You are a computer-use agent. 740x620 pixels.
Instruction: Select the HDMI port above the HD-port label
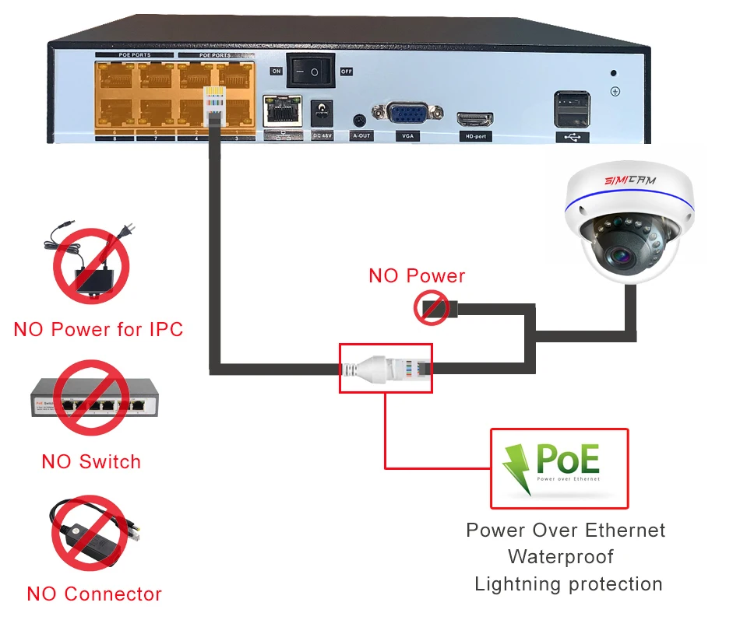(474, 120)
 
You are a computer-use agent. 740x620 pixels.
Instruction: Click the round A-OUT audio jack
(359, 121)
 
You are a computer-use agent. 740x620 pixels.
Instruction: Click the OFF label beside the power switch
(347, 72)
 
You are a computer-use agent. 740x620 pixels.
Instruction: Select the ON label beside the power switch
(277, 71)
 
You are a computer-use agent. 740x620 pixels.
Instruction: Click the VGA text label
(406, 135)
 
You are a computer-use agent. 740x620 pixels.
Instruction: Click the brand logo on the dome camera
(630, 180)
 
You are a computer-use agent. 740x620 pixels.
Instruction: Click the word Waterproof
(561, 557)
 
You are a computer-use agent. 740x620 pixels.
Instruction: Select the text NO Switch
(91, 461)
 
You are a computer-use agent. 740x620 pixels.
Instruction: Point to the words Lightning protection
(569, 583)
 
